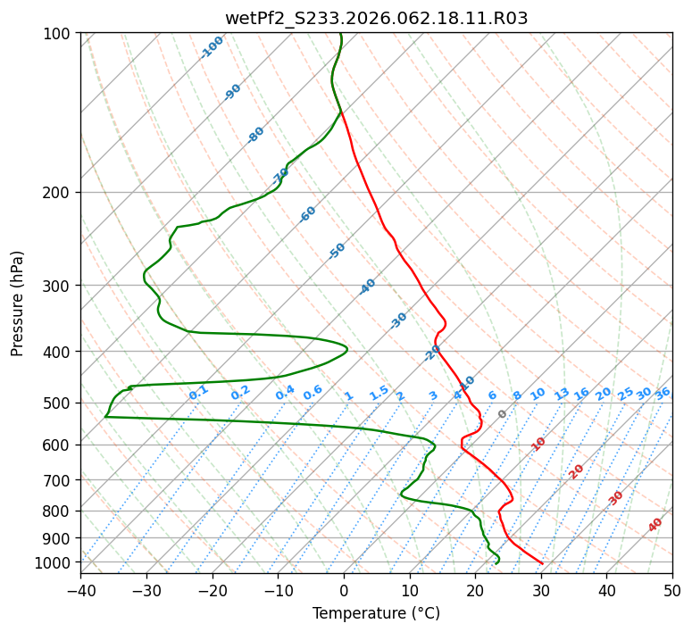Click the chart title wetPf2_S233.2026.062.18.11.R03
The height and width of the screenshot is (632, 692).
point(376,18)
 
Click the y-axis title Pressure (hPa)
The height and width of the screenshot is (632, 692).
point(18,304)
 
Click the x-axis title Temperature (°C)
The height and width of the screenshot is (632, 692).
point(376,614)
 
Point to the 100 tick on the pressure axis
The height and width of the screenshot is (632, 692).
point(57,34)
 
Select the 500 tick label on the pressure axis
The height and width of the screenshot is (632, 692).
point(57,403)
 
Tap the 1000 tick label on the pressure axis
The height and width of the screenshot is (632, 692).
point(54,562)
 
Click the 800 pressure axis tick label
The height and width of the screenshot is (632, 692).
point(57,511)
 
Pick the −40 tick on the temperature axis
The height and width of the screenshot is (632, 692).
point(80,591)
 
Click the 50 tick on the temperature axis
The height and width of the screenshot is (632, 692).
point(672,591)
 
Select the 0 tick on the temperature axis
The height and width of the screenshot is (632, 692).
point(344,591)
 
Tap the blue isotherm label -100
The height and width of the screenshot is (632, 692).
point(212,47)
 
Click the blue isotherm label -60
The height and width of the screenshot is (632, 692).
point(308,214)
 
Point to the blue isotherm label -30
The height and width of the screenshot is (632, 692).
point(398,320)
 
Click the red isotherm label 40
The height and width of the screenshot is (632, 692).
point(655,526)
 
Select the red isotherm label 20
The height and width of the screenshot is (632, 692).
point(576,471)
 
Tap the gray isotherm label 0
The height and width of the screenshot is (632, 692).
point(503,414)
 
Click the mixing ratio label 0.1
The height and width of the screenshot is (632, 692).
point(198,392)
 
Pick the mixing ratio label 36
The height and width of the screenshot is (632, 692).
point(663,393)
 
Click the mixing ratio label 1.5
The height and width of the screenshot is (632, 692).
point(379,392)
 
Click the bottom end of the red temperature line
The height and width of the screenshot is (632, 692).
point(542,562)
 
